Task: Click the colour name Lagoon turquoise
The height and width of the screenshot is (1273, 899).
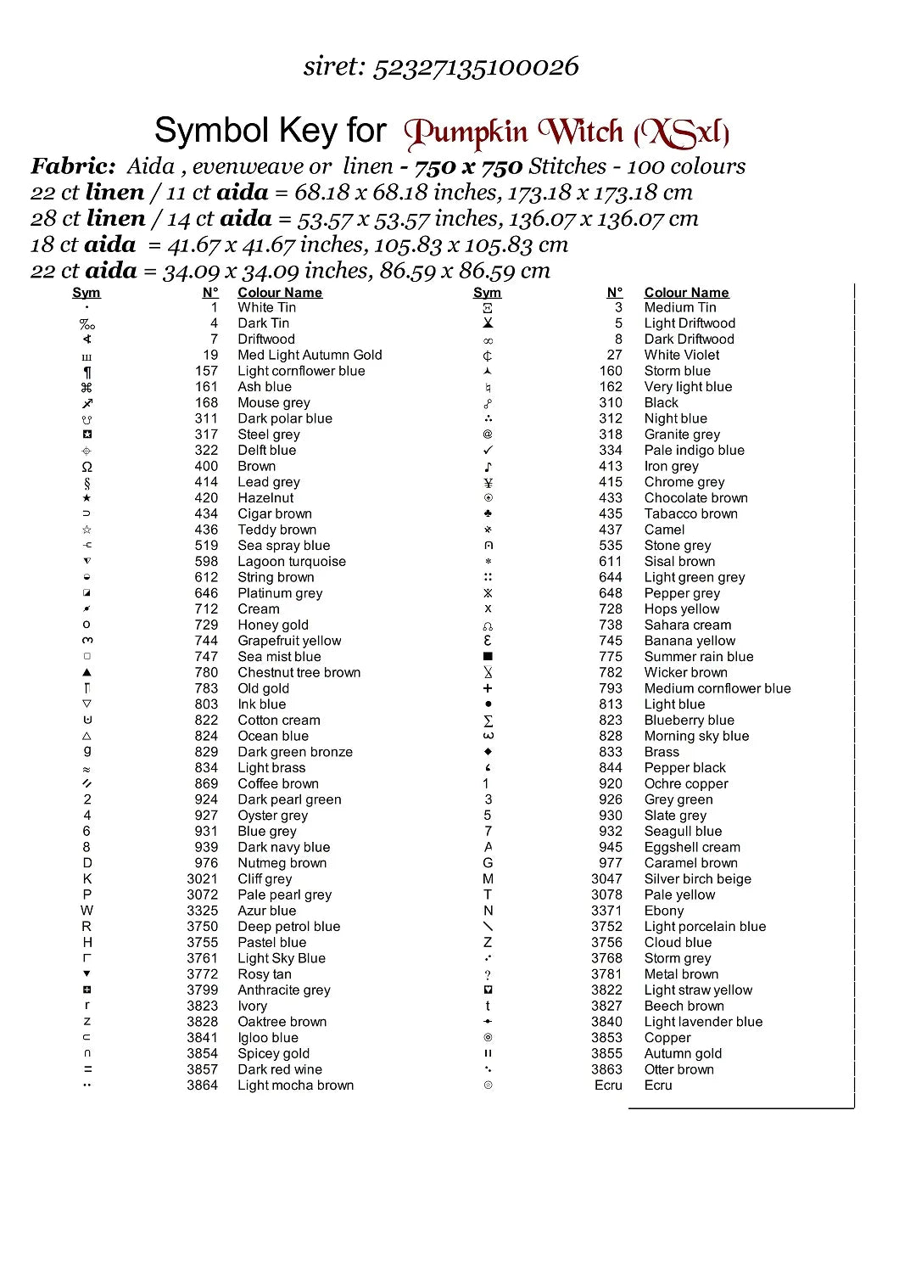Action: tap(292, 562)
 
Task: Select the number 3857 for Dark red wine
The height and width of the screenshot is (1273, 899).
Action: tap(202, 1069)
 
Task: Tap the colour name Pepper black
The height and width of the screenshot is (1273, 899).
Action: tap(684, 768)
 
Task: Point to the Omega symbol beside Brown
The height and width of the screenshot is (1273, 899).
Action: tap(87, 467)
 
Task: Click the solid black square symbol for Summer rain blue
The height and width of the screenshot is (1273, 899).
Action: tap(488, 657)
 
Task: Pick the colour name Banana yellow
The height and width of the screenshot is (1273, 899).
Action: tap(690, 641)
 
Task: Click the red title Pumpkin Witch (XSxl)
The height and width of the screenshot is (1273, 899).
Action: tap(567, 132)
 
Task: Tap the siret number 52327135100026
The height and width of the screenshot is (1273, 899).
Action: tap(476, 66)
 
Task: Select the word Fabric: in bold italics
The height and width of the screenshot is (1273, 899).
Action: tap(73, 166)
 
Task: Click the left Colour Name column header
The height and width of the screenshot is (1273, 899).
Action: tap(280, 293)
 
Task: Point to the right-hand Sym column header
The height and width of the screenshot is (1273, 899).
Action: tap(487, 293)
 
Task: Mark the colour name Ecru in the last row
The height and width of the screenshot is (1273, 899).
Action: tap(658, 1085)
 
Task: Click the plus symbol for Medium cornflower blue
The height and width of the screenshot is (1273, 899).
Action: tap(488, 688)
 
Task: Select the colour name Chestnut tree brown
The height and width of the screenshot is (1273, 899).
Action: tap(299, 673)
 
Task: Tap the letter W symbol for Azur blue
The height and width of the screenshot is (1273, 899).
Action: tap(87, 911)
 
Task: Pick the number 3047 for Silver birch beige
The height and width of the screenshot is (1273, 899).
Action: tap(606, 879)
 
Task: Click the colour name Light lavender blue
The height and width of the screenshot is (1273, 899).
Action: tap(703, 1022)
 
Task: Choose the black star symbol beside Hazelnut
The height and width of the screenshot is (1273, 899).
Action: tap(87, 498)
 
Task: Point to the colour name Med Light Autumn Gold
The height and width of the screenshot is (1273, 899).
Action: tap(310, 356)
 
